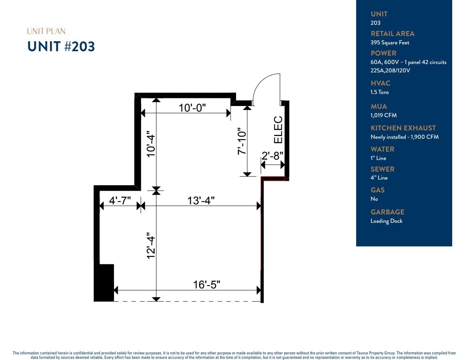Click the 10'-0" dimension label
tap(192, 108)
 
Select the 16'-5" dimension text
tap(207, 284)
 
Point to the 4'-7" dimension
tap(120, 200)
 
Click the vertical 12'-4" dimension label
tap(151, 246)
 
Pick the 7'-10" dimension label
tap(242, 141)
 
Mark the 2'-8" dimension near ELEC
tap(273, 156)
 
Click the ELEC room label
tap(278, 130)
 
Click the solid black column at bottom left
tap(104, 282)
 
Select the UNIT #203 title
tap(61, 47)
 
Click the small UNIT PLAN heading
tap(46, 31)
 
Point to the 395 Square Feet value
tap(390, 43)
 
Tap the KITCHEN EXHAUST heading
tap(403, 128)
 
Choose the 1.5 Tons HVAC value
tap(379, 92)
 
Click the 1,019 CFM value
tap(383, 115)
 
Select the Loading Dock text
tap(386, 221)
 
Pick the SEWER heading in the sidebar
tap(382, 169)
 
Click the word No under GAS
tap(374, 199)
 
